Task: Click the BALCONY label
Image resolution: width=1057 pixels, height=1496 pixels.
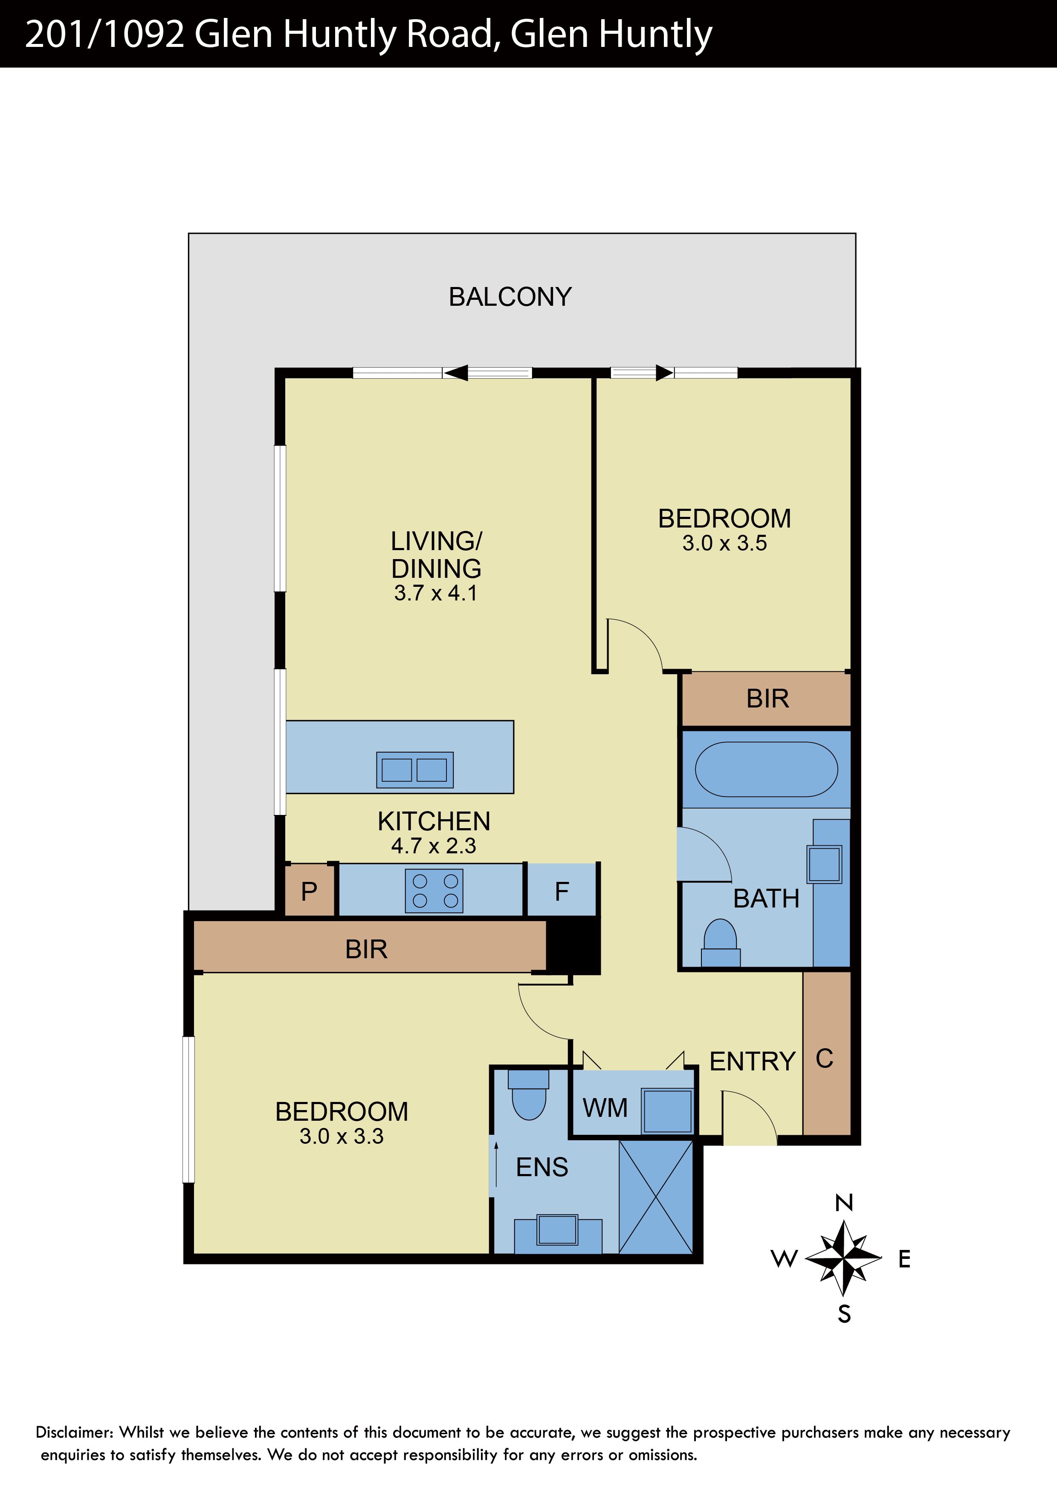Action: coord(510,297)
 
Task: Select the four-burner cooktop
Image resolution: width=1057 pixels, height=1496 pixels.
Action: coord(434,891)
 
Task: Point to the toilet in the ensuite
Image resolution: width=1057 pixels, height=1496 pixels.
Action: coord(529,1094)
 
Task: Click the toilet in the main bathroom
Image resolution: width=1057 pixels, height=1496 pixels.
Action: coord(720,942)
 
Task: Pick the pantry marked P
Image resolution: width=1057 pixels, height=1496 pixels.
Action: coord(310,890)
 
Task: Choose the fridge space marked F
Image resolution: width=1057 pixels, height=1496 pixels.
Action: coord(562,890)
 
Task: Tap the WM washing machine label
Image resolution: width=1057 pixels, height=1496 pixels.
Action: coord(605,1108)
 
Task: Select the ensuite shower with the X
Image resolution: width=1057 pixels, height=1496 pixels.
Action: coord(656,1197)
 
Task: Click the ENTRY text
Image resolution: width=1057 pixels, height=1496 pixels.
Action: coord(752,1061)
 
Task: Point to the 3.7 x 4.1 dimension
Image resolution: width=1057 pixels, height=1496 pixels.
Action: coord(436,593)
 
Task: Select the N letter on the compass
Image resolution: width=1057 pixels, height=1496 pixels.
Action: coord(844,1203)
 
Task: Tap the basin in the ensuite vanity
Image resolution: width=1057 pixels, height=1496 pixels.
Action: coord(557,1229)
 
